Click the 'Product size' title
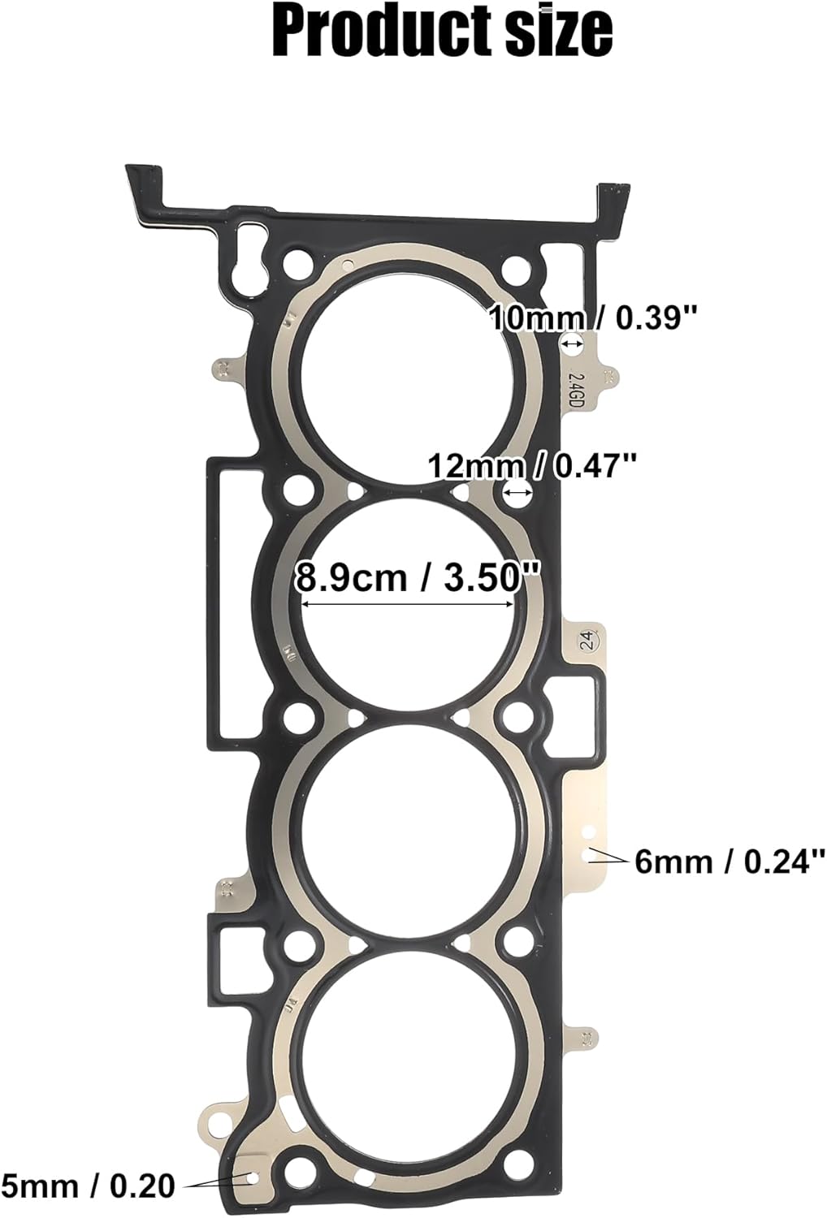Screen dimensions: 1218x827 point(442,32)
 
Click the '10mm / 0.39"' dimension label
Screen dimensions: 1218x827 point(593,317)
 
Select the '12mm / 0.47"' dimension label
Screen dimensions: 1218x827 point(532,466)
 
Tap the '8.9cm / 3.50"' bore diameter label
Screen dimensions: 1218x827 point(417,577)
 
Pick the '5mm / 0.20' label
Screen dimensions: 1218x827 point(88,1186)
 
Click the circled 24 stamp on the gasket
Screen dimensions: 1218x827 point(587,641)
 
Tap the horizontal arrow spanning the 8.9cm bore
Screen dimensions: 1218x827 point(407,603)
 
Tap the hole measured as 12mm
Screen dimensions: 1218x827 point(517,490)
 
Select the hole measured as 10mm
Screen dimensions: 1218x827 point(572,344)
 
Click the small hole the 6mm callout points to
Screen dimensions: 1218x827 point(590,855)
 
